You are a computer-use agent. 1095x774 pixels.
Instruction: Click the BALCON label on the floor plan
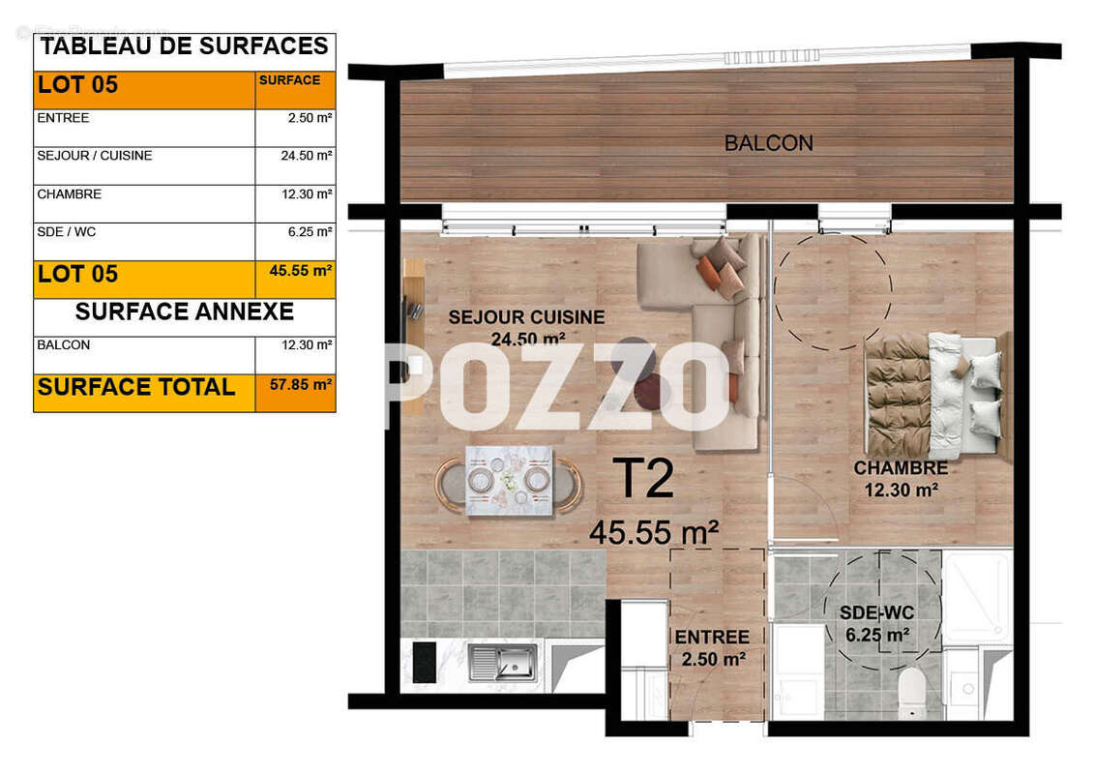(x=768, y=143)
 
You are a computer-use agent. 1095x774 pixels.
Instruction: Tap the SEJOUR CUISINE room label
(x=526, y=317)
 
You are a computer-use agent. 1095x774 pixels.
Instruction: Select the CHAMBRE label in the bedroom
(x=900, y=469)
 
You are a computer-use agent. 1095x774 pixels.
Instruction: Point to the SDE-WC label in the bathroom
(x=876, y=613)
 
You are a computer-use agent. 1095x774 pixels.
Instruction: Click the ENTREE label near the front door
(x=711, y=638)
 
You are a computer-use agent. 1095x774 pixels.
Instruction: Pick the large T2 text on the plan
(x=643, y=478)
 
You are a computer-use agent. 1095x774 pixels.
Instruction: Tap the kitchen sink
(x=502, y=663)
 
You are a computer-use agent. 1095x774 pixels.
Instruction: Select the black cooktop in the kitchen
(x=424, y=662)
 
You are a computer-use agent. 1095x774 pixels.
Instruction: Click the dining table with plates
(x=508, y=481)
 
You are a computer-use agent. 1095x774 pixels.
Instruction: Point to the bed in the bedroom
(x=933, y=396)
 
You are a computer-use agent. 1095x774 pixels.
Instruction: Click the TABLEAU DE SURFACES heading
(x=184, y=46)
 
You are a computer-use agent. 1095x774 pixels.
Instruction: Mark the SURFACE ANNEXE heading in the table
(x=184, y=312)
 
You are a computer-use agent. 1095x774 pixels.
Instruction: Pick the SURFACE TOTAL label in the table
(x=136, y=387)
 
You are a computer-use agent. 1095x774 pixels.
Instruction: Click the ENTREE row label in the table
(x=63, y=118)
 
